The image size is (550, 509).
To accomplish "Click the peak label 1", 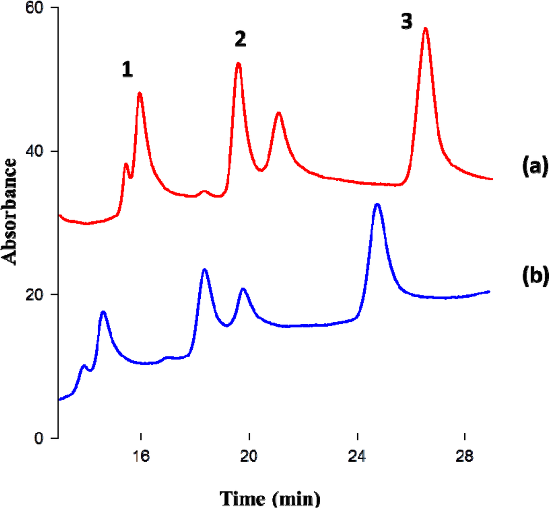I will pyautogui.click(x=127, y=70).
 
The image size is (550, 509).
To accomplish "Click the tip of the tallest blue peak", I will pyautogui.click(x=377, y=204).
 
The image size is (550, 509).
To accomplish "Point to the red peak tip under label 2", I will pyautogui.click(x=238, y=63).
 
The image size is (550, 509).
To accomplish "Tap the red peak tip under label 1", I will pyautogui.click(x=140, y=93).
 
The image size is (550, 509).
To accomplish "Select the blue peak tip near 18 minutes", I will pyautogui.click(x=204, y=269).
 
